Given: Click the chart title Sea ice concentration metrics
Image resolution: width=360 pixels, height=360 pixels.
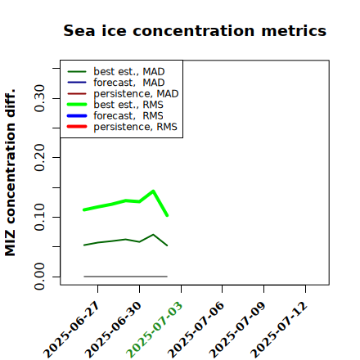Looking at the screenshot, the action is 195,30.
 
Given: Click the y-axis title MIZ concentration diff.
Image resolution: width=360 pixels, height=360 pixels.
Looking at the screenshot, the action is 10,173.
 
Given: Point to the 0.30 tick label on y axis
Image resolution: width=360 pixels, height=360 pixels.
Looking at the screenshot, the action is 39,98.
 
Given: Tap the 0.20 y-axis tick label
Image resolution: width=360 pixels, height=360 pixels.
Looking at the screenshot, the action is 39,157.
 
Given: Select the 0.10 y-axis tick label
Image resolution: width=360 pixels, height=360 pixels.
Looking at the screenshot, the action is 39,217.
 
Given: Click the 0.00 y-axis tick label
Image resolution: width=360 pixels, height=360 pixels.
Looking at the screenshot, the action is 39,277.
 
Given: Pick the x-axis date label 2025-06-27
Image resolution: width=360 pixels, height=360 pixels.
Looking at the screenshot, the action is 72,330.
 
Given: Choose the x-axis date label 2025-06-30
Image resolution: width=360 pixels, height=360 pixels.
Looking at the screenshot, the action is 114,330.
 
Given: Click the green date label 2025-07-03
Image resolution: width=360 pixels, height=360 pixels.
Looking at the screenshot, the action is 155,330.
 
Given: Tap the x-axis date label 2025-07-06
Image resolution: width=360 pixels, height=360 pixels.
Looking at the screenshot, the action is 196,330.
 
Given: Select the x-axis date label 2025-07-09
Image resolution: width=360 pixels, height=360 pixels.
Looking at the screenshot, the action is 238,330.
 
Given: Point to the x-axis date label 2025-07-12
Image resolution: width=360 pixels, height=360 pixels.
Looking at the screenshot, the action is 280,330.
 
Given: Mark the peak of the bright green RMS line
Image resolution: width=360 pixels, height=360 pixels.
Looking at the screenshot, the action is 153,191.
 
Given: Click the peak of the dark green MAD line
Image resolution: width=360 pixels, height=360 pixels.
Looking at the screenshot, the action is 153,235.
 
